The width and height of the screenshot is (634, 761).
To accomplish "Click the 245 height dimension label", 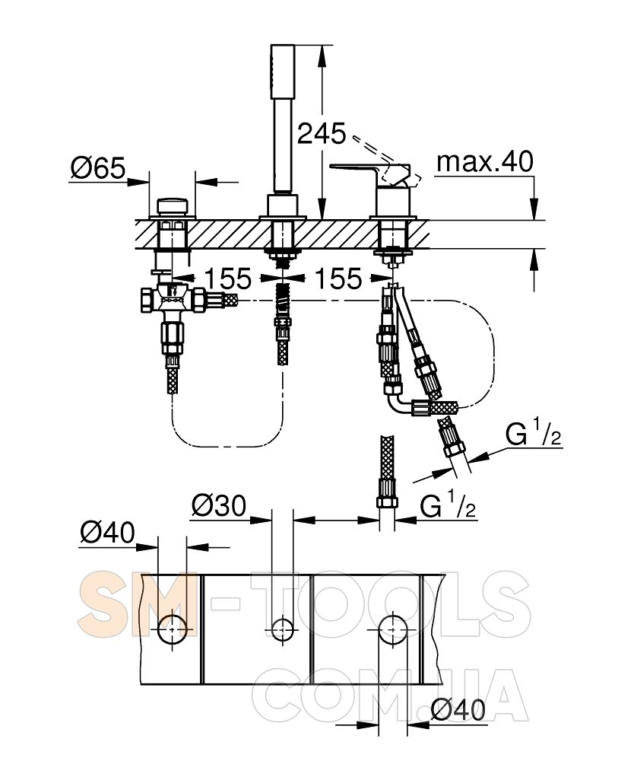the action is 322,133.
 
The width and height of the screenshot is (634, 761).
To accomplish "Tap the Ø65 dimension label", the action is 98,168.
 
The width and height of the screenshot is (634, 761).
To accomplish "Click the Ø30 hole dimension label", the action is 219,506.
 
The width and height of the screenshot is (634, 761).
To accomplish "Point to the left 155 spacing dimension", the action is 228,278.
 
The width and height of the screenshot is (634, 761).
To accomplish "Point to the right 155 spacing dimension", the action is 338,278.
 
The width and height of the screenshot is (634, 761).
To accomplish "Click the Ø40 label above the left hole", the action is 108,533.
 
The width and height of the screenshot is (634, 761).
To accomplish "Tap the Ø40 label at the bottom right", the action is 458,711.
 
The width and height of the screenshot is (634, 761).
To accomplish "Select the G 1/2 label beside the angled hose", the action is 534,434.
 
